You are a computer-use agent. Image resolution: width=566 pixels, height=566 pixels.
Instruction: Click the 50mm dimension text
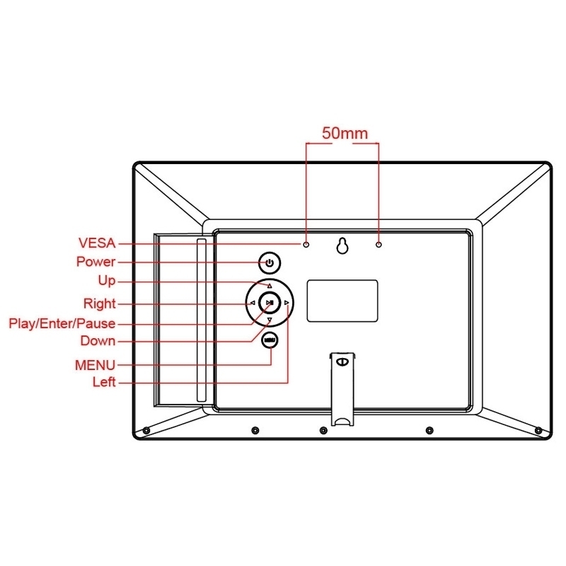[345, 133]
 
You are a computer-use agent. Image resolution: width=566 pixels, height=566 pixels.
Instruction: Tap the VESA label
[97, 243]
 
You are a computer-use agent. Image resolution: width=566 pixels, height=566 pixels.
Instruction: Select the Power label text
[96, 261]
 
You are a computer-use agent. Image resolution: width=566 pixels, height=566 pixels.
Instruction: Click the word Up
[107, 281]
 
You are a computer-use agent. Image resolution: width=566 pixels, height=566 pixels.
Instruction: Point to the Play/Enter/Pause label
[62, 323]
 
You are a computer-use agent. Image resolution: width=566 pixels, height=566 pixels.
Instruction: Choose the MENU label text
[95, 365]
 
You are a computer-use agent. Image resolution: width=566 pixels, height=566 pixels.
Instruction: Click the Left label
[104, 381]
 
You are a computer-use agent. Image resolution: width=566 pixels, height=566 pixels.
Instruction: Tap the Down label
[98, 340]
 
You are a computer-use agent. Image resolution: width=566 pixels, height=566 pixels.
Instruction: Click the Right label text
[99, 304]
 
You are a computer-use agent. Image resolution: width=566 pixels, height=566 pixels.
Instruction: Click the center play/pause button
[270, 303]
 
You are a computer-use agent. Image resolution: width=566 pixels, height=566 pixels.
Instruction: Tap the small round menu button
[270, 340]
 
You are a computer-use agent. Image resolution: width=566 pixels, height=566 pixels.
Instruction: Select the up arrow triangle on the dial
[270, 286]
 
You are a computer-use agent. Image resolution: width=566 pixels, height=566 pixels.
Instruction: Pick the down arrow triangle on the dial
[270, 320]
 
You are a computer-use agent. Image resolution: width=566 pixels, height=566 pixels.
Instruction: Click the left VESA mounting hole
[306, 245]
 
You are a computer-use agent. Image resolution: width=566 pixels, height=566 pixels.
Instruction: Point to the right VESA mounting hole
[379, 245]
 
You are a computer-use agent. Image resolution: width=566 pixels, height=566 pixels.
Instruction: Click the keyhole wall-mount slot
[342, 246]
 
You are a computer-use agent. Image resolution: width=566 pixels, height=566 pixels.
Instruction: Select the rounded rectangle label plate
[342, 301]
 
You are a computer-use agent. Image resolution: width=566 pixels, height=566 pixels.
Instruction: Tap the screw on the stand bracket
[342, 362]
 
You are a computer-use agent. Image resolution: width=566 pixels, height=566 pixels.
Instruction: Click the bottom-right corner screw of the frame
[538, 430]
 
